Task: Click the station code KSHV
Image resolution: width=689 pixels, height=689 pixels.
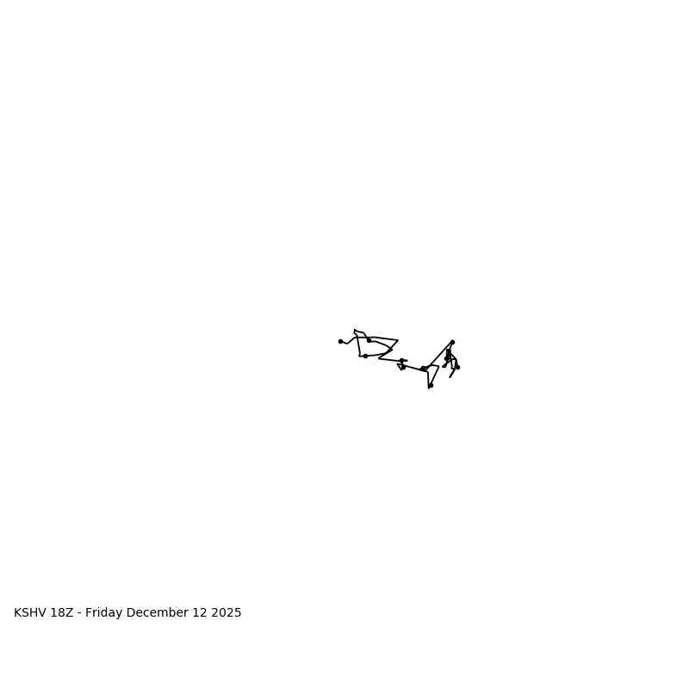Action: (30, 613)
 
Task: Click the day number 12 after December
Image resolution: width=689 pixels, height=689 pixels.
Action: (201, 613)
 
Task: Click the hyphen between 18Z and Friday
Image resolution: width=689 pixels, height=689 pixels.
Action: (79, 613)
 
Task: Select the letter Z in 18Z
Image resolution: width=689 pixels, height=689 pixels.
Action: (69, 613)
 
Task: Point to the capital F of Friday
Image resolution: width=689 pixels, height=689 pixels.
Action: (89, 613)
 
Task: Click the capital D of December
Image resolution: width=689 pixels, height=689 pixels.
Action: (131, 613)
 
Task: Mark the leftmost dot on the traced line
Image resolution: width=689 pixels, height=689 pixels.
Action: (340, 341)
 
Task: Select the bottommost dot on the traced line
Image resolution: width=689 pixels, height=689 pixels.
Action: (431, 385)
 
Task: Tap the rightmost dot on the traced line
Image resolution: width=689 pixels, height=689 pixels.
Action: (457, 367)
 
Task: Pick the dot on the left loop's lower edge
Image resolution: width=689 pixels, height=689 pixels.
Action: (365, 356)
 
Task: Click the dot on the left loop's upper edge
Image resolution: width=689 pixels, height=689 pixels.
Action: (369, 340)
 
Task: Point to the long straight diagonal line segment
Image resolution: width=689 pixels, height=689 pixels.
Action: (439, 355)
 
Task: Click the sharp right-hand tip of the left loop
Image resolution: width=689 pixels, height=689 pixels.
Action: (398, 340)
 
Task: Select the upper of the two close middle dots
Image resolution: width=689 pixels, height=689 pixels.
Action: (401, 360)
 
